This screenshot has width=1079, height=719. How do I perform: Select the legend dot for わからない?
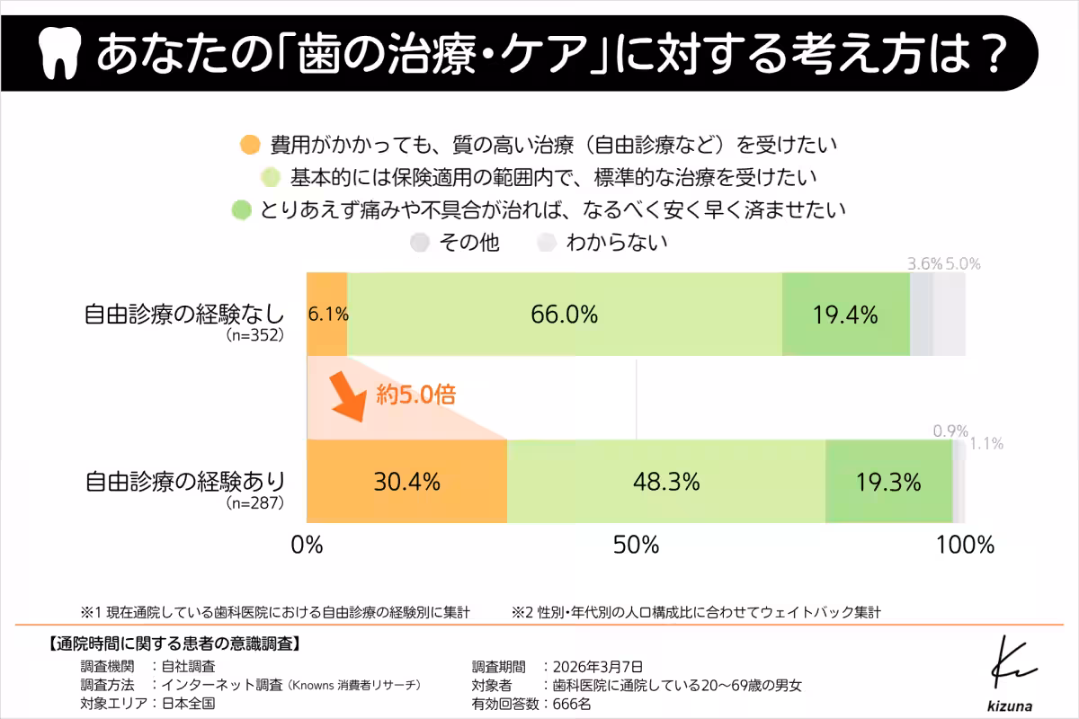546,243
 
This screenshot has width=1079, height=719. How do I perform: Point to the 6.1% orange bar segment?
326,315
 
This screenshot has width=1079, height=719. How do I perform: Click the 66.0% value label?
565,315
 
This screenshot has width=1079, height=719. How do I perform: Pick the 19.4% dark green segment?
845,315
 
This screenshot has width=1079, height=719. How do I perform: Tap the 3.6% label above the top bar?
924,264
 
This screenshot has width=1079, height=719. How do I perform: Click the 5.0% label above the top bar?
963,264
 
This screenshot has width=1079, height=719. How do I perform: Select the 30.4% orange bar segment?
407,482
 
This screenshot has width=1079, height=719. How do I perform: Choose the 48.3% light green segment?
666,482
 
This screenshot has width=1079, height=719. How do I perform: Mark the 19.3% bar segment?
888,482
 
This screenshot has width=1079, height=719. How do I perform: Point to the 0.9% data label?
950,431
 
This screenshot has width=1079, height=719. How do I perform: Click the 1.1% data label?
986,443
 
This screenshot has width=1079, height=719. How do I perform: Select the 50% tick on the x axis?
637,545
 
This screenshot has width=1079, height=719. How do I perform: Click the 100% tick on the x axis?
964,545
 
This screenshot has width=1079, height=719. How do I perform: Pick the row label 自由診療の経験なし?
184,315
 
